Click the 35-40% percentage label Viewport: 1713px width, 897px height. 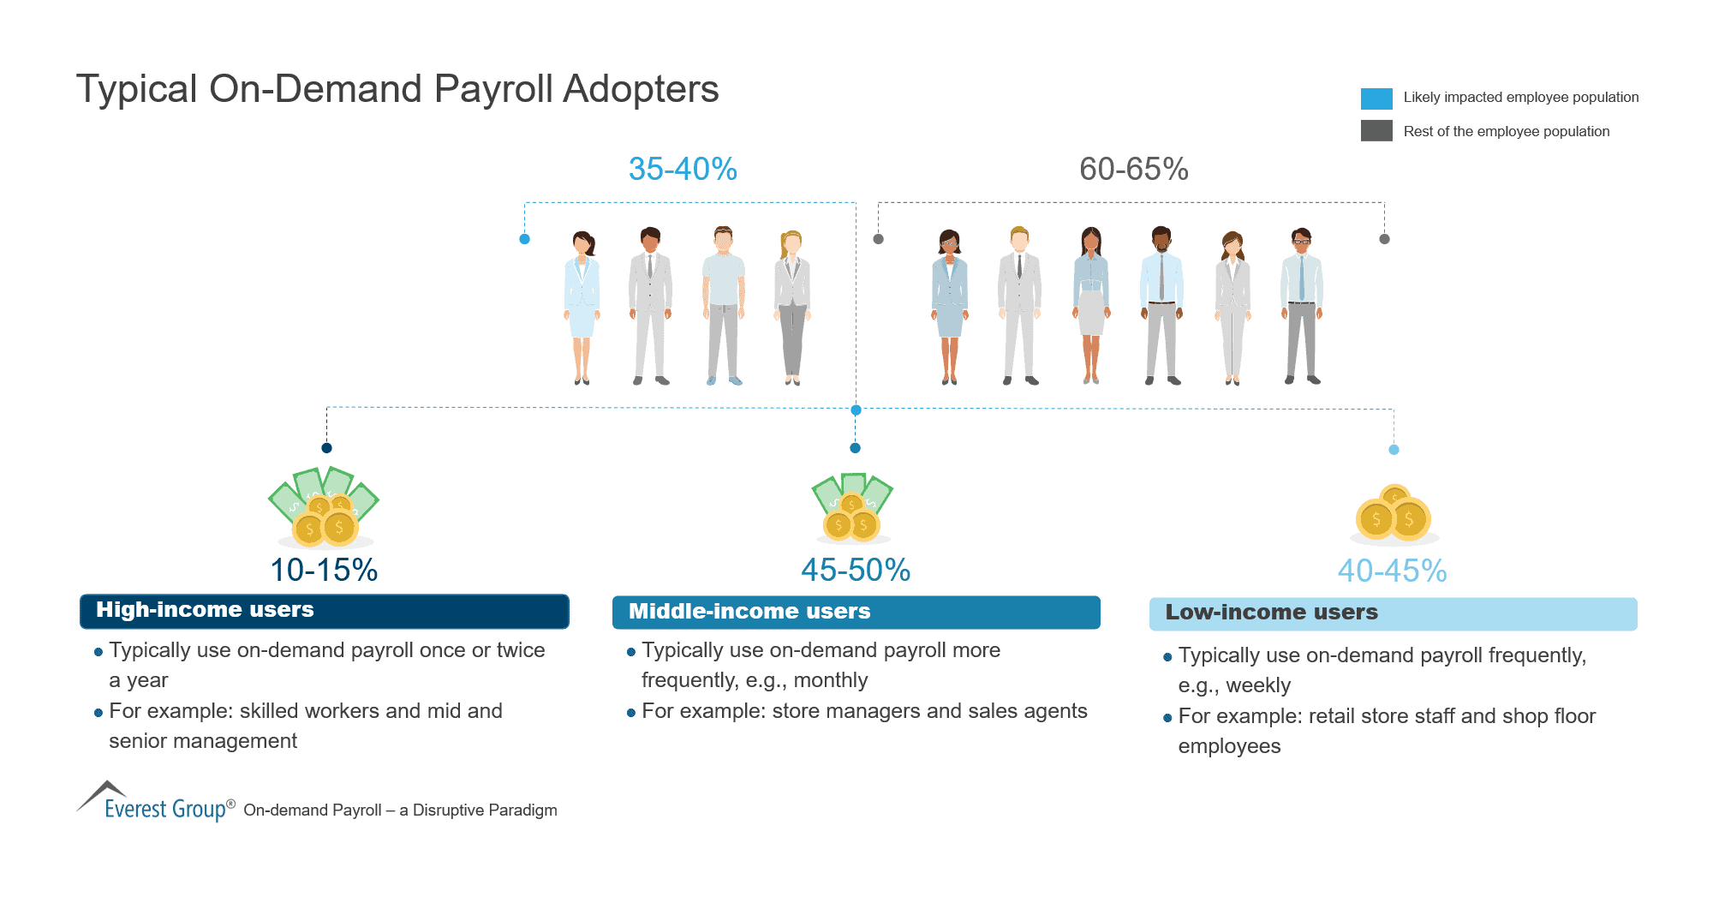pyautogui.click(x=683, y=170)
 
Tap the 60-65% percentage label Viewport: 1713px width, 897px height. pyautogui.click(x=1133, y=170)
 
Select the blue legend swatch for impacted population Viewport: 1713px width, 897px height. pyautogui.click(x=1376, y=99)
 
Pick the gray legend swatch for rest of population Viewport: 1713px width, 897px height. pyautogui.click(x=1376, y=131)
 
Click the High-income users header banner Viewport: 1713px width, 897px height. pyautogui.click(x=324, y=611)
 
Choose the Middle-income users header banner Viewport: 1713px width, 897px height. pyautogui.click(x=856, y=612)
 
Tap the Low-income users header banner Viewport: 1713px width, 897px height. pyautogui.click(x=1393, y=613)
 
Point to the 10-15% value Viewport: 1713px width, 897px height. pyautogui.click(x=324, y=571)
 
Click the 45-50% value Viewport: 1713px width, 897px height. pyautogui.click(x=856, y=571)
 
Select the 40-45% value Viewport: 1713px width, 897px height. pyautogui.click(x=1392, y=571)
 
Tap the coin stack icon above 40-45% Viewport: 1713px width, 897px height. pyautogui.click(x=1394, y=516)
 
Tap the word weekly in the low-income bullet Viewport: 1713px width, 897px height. pyautogui.click(x=1257, y=686)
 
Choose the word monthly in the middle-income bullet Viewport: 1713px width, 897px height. pyautogui.click(x=830, y=681)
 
